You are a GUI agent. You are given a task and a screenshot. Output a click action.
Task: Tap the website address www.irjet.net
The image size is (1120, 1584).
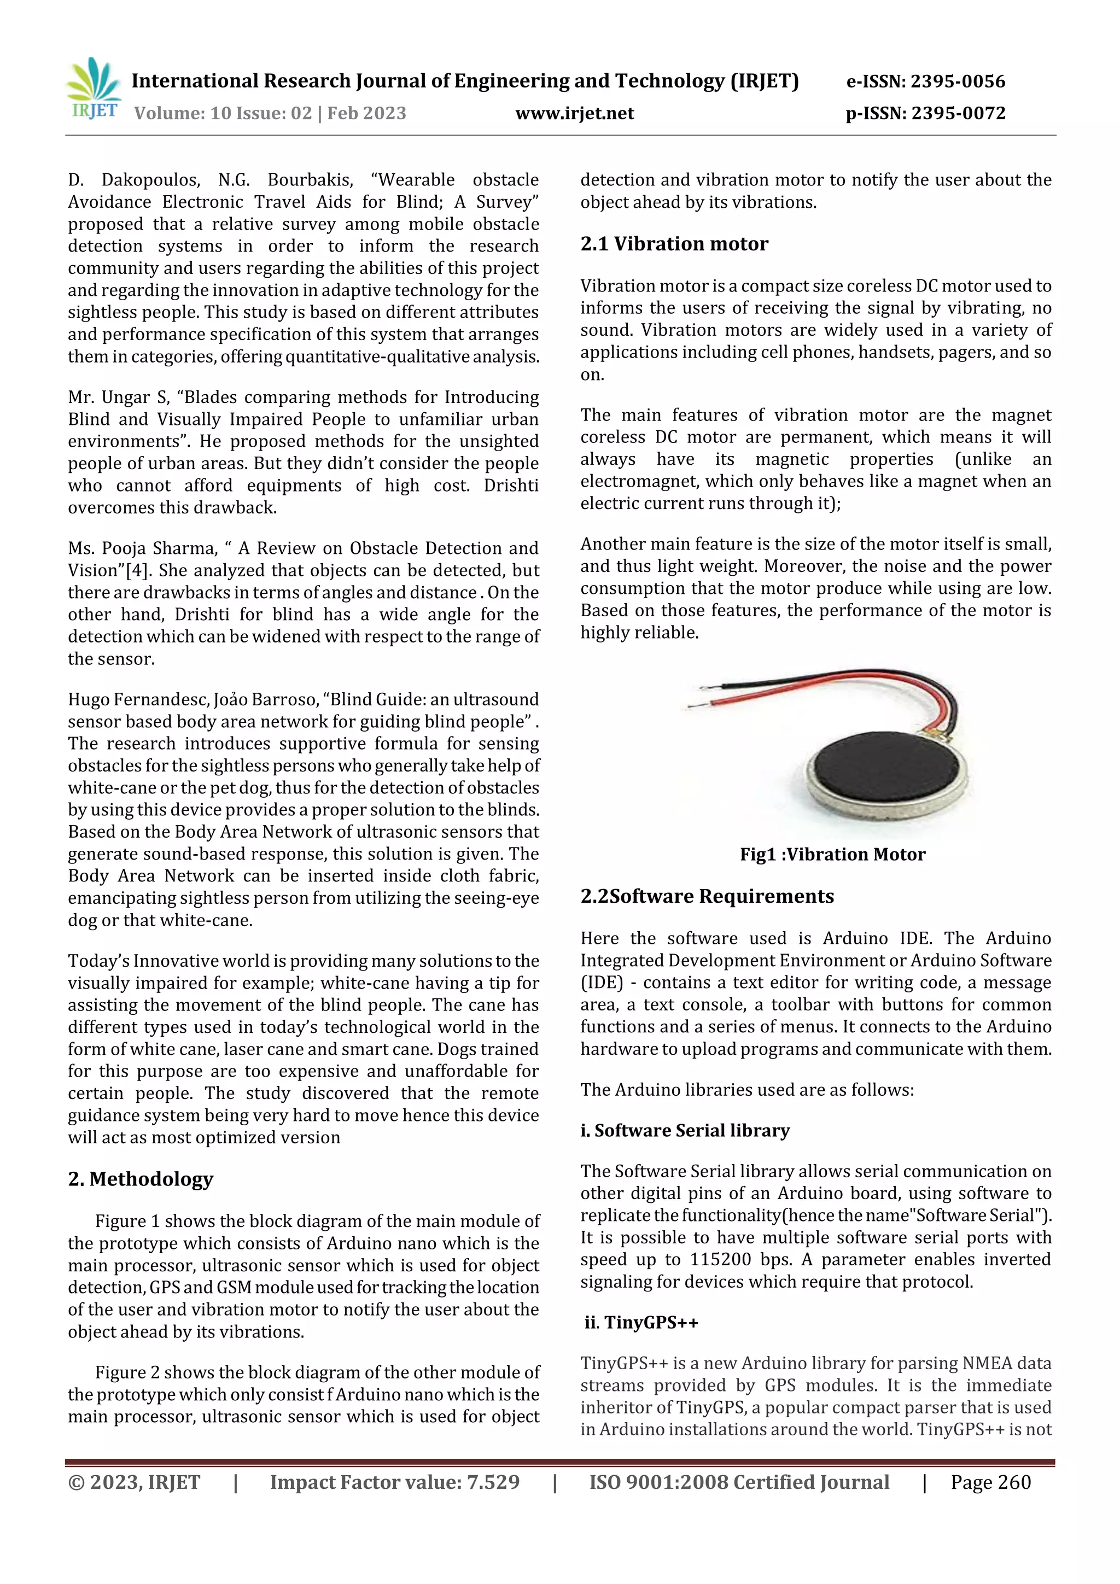574,113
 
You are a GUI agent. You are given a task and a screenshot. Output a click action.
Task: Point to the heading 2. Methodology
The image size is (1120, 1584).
140,1178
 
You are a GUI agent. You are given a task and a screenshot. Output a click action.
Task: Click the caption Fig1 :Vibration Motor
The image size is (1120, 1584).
832,854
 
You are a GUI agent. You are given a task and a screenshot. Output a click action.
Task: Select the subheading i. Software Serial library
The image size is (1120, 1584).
685,1130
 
